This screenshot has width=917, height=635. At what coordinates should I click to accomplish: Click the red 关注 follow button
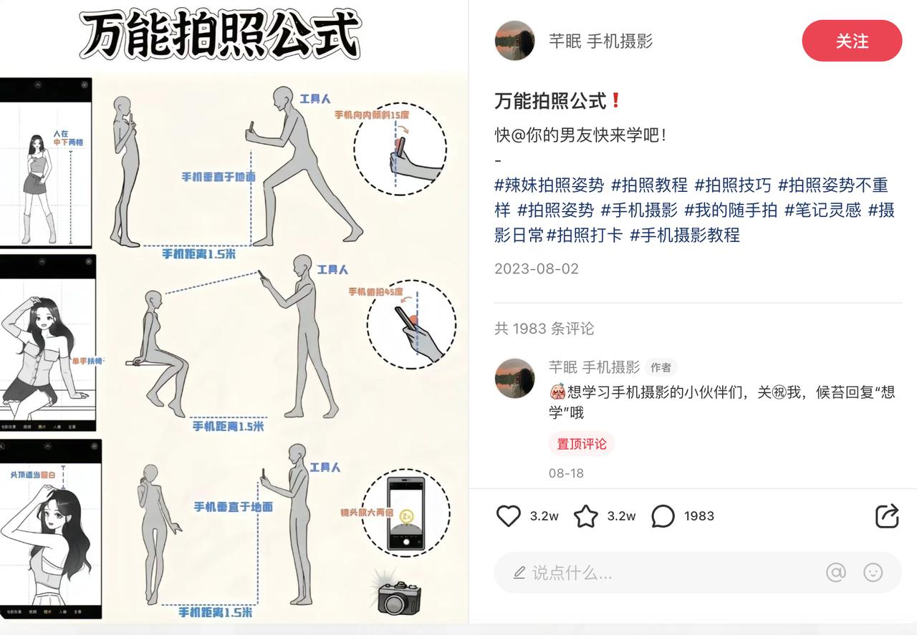pos(851,41)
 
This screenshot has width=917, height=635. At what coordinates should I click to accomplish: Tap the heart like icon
pos(509,516)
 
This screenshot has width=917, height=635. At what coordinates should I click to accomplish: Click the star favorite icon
pos(586,516)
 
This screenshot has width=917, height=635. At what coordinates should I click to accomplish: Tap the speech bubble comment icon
pos(663,516)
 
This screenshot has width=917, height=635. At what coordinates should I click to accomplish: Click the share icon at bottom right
pos(887,516)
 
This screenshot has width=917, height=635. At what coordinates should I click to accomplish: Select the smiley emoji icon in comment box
pos(873,572)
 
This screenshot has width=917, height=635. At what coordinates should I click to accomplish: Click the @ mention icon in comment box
pos(835,572)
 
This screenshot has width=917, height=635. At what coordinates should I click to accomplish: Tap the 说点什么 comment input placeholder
pos(572,573)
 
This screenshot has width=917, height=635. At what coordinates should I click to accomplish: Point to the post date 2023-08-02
pos(536,269)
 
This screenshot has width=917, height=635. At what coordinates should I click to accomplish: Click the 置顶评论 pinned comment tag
pos(581,444)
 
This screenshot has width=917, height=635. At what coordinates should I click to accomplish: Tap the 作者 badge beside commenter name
pos(661,368)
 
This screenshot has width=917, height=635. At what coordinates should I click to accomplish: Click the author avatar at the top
pos(514,41)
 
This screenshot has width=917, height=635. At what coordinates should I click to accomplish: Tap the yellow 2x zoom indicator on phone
pos(406,515)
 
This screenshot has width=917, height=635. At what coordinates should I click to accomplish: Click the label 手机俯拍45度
pos(375,292)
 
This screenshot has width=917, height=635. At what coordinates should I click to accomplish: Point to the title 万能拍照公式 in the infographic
pos(221,34)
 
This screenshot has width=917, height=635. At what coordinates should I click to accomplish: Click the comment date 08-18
pos(566,473)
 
